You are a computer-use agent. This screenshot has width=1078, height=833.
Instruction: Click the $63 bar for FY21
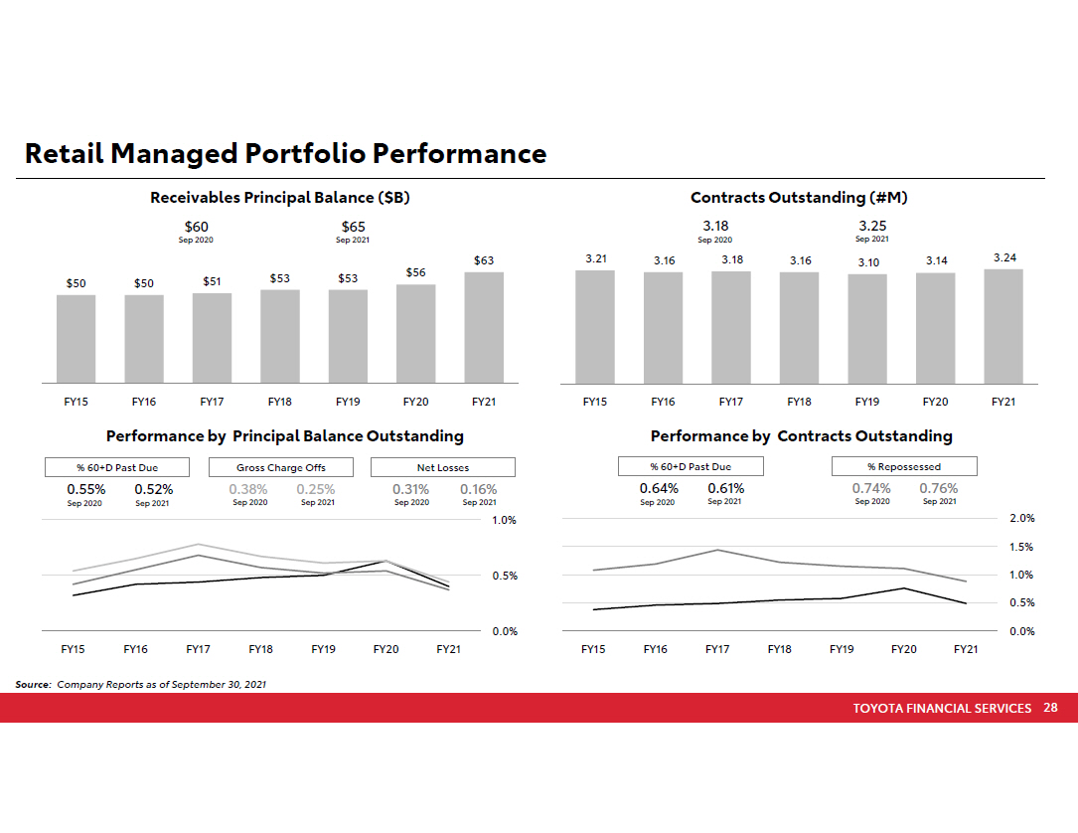pos(484,327)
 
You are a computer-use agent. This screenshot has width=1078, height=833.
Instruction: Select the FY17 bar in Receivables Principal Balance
pos(212,338)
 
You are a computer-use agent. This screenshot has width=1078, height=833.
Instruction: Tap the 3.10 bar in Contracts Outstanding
pos(867,329)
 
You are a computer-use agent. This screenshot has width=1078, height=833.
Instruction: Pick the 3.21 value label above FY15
pos(595,258)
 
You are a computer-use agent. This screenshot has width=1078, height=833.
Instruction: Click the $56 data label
pos(415,272)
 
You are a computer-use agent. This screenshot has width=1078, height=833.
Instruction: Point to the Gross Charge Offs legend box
pos(281,467)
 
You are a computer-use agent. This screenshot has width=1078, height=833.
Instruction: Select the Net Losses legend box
pos(443,467)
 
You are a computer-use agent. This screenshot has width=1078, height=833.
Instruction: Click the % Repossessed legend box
pos(904,466)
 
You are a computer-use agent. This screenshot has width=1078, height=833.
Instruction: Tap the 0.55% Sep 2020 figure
pos(86,489)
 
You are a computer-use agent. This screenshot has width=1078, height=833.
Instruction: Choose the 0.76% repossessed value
pos(939,488)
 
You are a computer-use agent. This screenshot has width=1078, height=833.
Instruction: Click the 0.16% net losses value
pos(479,489)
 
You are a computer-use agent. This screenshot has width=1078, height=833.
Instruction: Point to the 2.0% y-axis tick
pos(1022,519)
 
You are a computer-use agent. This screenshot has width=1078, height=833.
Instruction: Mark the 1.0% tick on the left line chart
pos(505,520)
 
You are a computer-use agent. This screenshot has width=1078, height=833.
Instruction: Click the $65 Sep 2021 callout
pos(354,228)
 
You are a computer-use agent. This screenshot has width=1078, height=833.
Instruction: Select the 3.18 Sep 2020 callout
pos(715,227)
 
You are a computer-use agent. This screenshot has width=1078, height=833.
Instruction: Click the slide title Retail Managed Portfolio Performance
pos(285,154)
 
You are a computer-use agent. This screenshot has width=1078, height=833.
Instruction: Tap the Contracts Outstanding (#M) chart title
pos(799,198)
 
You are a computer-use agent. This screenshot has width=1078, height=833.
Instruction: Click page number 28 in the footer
pos(1050,708)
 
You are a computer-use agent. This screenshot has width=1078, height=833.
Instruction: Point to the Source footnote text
pos(141,684)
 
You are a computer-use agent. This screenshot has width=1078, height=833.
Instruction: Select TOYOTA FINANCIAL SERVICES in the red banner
pos(942,709)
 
